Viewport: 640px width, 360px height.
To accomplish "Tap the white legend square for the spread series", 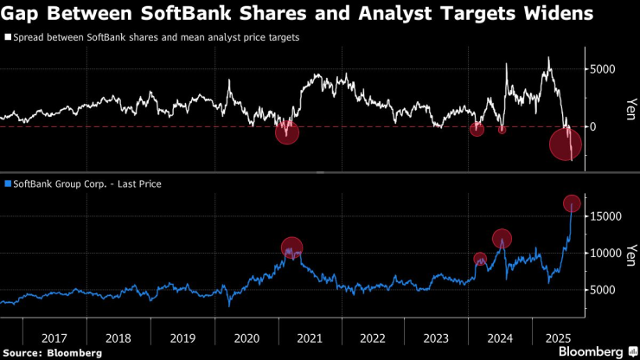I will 8,38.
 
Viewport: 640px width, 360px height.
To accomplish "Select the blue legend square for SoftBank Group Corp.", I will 8,183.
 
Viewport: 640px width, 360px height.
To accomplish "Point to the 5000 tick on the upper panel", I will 603,69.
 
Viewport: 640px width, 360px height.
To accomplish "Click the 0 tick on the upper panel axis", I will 593,126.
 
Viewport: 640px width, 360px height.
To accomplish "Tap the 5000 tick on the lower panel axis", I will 603,290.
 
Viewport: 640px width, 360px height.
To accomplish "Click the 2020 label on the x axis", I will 246,337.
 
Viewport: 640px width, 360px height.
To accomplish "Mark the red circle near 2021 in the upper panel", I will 287,132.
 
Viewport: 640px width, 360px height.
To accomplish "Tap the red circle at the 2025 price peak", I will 572,203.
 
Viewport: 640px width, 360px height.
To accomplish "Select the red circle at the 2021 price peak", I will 292,247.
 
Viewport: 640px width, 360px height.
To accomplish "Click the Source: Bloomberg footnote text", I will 53,353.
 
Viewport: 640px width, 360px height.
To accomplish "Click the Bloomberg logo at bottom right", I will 591,352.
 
